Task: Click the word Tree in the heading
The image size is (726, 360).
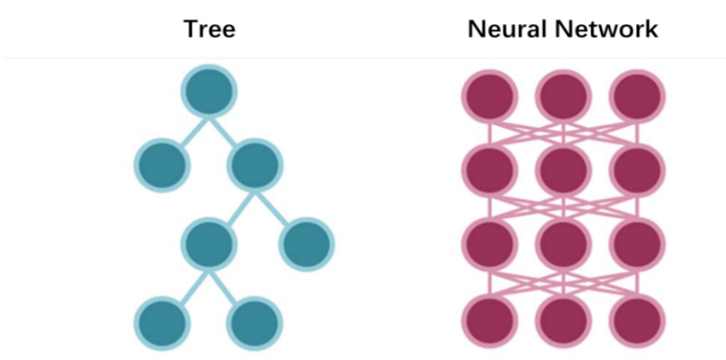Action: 209,30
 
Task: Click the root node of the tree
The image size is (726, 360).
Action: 209,91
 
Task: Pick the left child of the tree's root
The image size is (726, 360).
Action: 162,166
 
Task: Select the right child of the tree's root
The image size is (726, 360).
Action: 255,166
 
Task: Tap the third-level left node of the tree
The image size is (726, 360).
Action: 209,243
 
